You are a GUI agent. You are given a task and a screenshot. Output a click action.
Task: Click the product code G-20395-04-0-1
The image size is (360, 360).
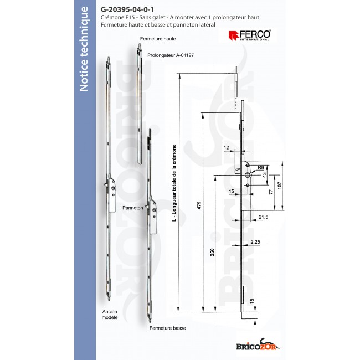[128, 9]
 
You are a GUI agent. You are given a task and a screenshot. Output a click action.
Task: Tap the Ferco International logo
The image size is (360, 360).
[249, 36]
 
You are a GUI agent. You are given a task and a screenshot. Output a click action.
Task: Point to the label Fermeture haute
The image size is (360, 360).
[158, 39]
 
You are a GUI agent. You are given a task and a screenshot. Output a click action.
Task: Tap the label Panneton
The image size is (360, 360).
[133, 209]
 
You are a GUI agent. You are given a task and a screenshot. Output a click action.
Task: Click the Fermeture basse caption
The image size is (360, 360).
[167, 328]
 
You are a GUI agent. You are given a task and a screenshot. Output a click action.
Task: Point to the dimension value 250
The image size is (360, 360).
[212, 253]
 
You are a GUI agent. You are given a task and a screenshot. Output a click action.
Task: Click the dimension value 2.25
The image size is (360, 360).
[255, 243]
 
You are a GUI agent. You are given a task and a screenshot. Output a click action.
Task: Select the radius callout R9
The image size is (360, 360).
[260, 166]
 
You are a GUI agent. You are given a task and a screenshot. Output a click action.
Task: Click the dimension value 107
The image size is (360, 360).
[280, 184]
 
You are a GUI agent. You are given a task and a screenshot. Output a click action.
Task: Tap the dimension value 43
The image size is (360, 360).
[265, 175]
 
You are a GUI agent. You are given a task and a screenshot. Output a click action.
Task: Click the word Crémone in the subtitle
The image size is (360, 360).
[114, 18]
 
